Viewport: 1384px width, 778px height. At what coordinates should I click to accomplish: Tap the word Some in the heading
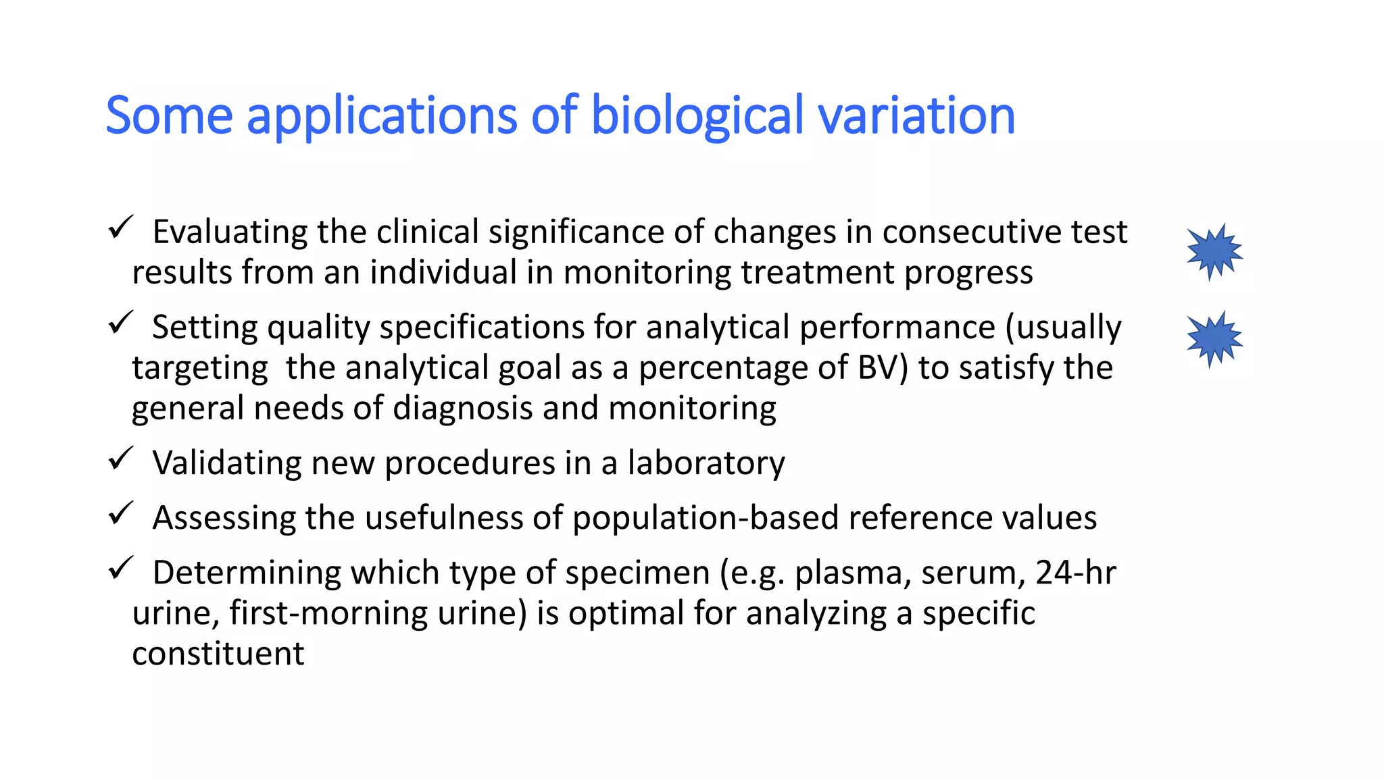tap(169, 116)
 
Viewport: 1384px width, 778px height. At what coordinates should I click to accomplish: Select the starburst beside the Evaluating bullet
tap(1214, 252)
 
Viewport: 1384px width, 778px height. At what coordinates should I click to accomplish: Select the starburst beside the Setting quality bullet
tap(1214, 339)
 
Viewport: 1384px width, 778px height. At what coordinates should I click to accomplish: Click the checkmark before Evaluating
tap(121, 228)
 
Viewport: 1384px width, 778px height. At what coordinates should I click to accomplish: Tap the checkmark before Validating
tap(121, 459)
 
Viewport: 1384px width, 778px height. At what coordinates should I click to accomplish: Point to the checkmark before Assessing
tap(121, 514)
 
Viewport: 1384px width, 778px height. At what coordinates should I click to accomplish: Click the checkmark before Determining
tap(121, 569)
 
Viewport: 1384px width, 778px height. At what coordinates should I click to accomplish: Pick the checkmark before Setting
tap(121, 323)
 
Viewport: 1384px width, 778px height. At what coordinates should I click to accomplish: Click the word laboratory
tap(706, 464)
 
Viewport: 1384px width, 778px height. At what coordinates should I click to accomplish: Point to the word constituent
tap(218, 654)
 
